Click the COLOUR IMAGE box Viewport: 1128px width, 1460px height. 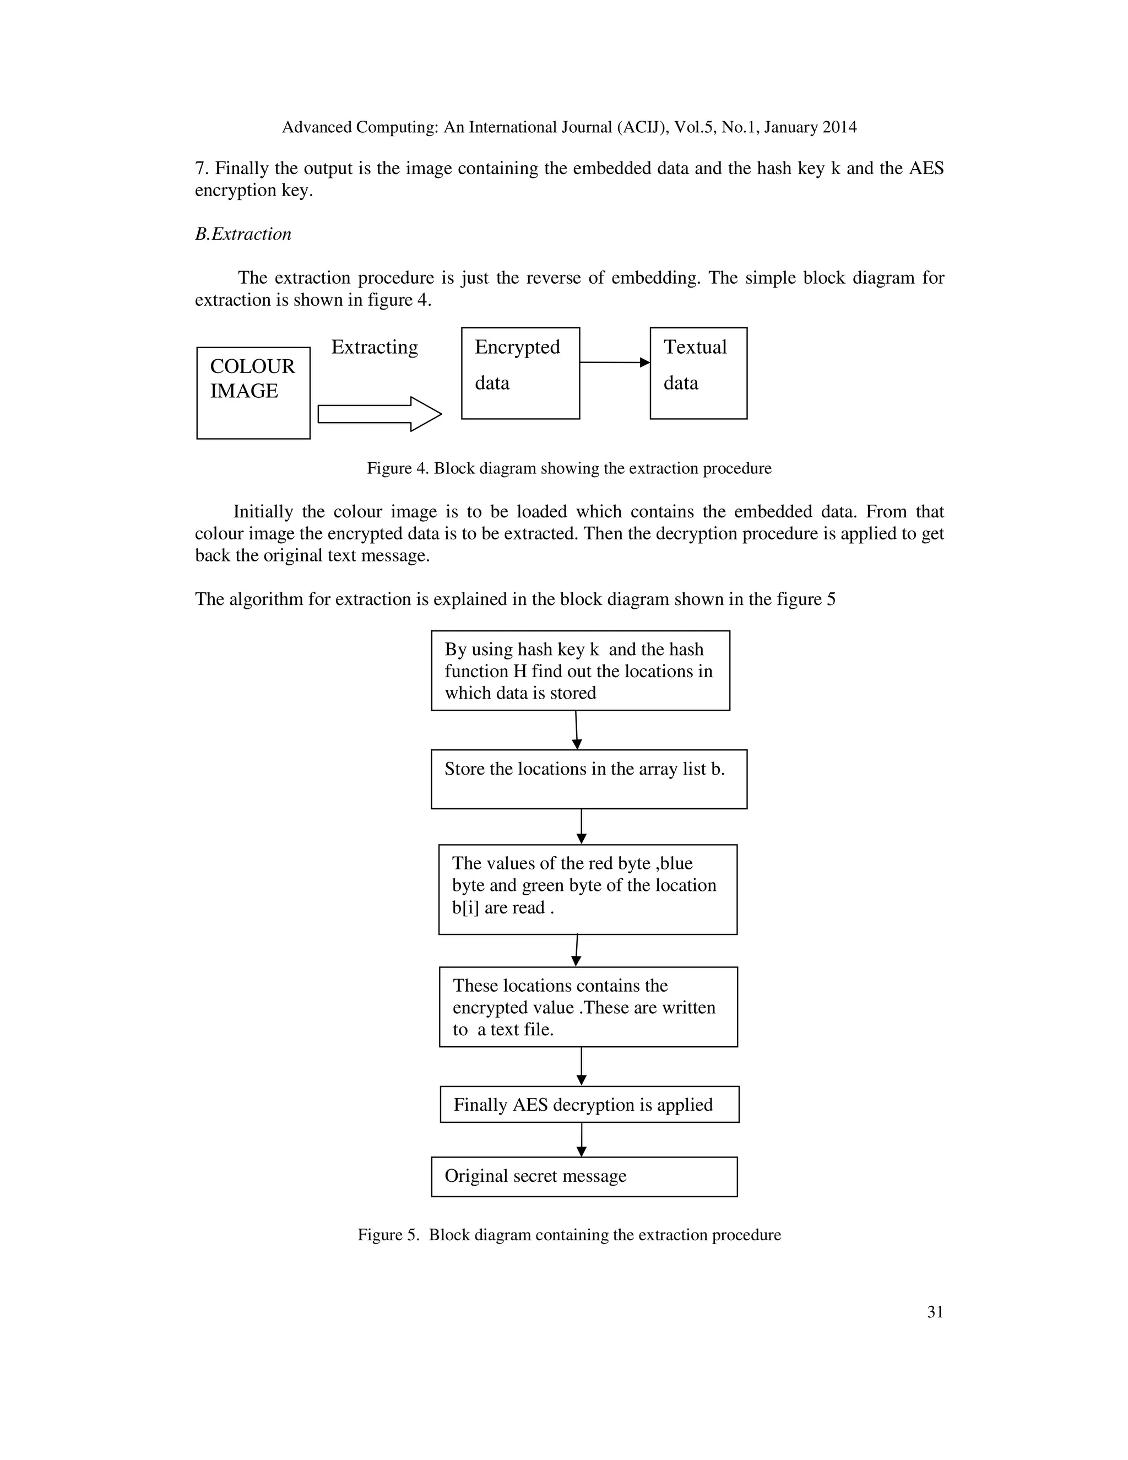253,392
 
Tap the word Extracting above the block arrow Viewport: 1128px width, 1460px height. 374,347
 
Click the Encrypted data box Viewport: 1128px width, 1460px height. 520,373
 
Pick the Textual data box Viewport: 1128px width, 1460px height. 698,373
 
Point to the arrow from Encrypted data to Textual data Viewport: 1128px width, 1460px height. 614,363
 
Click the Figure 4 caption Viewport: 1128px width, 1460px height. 568,468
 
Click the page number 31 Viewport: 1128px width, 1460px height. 935,1312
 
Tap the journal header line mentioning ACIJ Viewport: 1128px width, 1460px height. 568,127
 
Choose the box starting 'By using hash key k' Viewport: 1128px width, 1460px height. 580,670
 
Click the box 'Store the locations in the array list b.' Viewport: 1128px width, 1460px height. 588,779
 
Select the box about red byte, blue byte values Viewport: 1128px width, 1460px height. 587,889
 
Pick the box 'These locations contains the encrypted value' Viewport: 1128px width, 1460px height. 588,1007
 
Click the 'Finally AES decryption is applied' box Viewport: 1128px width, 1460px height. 589,1104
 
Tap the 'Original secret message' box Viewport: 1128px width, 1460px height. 584,1177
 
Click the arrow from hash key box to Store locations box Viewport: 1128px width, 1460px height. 577,729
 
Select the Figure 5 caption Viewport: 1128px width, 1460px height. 568,1235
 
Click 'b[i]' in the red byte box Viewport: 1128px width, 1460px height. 466,908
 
